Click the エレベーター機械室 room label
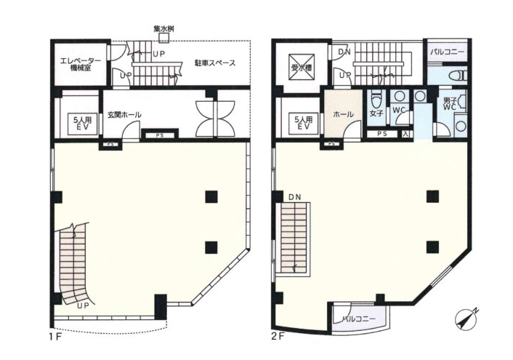[81, 65]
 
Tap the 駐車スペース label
[215, 63]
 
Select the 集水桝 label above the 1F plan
[163, 29]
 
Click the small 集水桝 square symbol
[163, 38]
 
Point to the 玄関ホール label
[124, 115]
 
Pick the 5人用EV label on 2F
[303, 123]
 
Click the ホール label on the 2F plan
[343, 114]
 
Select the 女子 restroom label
[376, 113]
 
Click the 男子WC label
[450, 103]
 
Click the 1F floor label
[54, 337]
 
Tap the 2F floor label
[277, 337]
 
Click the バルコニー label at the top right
[447, 52]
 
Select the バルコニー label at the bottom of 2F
[359, 319]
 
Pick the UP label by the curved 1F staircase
[83, 306]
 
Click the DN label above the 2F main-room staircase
[295, 197]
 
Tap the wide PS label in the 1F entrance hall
[160, 135]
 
